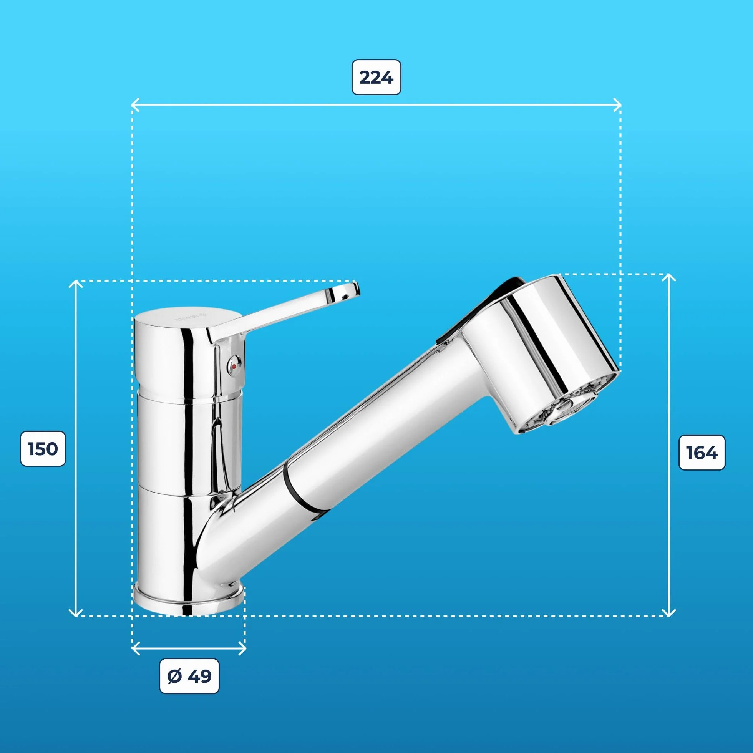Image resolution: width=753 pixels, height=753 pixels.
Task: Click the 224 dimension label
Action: pos(376,77)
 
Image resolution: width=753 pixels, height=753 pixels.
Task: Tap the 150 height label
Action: pos(43,449)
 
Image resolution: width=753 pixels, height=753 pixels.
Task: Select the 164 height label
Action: pos(702,453)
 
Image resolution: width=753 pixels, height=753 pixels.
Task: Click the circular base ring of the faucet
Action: pos(189,602)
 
